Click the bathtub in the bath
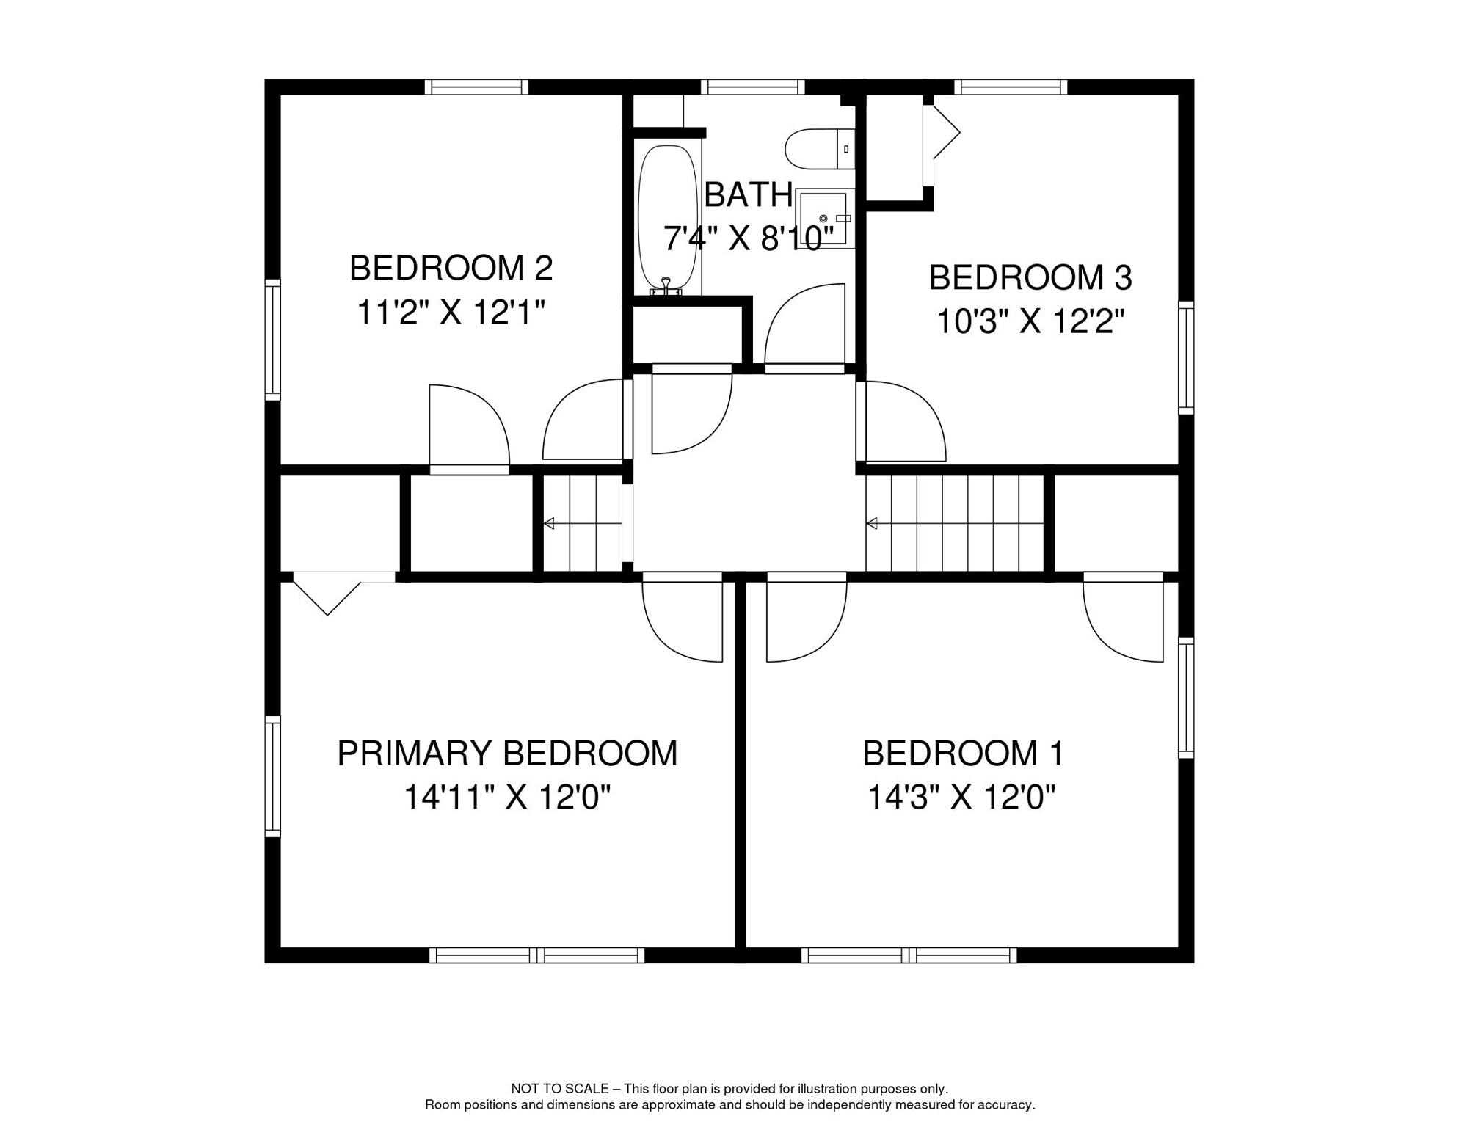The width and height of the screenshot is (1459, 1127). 667,218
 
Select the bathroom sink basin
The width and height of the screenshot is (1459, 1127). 823,218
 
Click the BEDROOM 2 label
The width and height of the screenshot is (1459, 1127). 451,269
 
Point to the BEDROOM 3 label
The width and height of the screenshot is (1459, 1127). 1030,278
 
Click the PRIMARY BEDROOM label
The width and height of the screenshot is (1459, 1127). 507,754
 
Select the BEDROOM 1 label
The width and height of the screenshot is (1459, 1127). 962,754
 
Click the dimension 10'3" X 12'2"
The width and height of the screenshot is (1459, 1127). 1030,322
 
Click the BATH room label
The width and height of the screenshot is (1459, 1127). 748,195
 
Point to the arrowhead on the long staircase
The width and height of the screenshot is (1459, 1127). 872,524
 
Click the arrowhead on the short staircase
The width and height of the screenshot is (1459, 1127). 548,524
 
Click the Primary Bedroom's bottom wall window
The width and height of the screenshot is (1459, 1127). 536,955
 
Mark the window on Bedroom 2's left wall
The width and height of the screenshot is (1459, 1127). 272,340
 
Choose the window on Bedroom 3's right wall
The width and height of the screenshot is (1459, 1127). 1186,357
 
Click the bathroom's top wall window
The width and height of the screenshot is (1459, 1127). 752,87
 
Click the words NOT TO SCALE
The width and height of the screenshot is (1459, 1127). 559,1089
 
